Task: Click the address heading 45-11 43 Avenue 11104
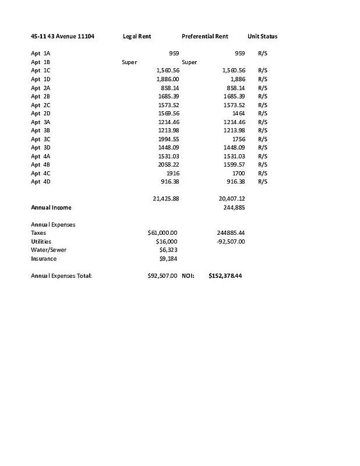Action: (x=62, y=36)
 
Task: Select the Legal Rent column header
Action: (x=137, y=36)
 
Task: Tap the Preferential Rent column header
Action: (x=204, y=36)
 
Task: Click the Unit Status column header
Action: (x=262, y=36)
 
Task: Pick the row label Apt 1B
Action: (x=40, y=62)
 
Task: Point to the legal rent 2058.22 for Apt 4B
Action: (x=168, y=164)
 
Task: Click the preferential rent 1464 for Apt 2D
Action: (x=238, y=113)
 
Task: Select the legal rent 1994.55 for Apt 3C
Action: (x=168, y=139)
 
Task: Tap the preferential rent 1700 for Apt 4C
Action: (x=238, y=173)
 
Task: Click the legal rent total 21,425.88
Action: (x=165, y=199)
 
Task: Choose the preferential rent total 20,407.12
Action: (x=231, y=199)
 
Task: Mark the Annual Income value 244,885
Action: (x=234, y=207)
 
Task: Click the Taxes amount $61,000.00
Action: (x=163, y=232)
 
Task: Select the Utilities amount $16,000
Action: (x=167, y=241)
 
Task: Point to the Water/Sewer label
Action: (x=48, y=250)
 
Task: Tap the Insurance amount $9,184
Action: (x=168, y=258)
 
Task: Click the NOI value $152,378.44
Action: (x=225, y=276)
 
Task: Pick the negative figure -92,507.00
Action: (x=231, y=241)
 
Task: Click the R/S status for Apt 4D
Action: (x=262, y=182)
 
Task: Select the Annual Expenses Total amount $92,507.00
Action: (x=163, y=276)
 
